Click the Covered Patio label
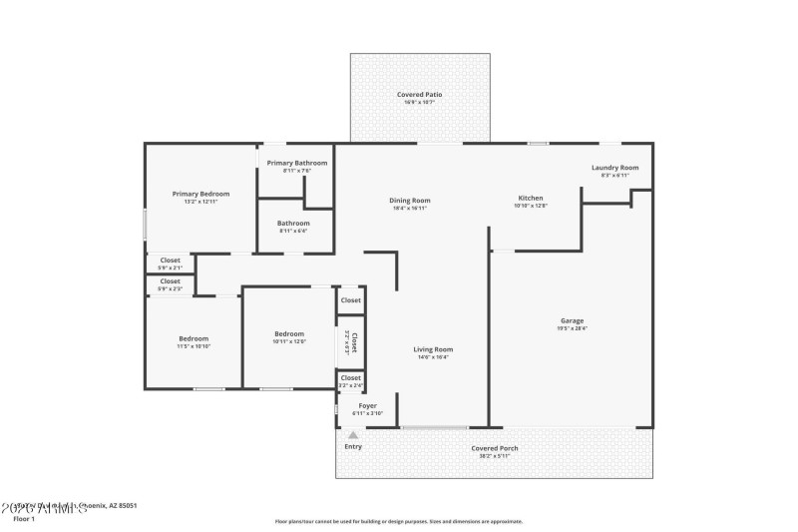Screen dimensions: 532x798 tap(419, 94)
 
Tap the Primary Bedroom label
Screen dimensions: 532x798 tap(200, 194)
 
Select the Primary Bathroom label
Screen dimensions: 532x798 tap(296, 163)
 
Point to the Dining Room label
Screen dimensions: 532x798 tap(409, 201)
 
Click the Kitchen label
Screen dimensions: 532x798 tap(530, 198)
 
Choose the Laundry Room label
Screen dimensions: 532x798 tap(614, 168)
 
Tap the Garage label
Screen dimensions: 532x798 tap(572, 320)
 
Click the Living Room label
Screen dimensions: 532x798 tap(433, 349)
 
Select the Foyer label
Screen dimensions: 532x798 tap(367, 405)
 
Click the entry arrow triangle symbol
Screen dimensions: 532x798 tap(352, 435)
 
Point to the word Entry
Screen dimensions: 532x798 tap(353, 446)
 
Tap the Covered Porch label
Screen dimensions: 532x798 tap(494, 448)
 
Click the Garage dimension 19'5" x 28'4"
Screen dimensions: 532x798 tap(572, 328)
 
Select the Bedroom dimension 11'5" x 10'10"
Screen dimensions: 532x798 tap(194, 345)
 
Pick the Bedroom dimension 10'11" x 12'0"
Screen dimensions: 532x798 tap(289, 341)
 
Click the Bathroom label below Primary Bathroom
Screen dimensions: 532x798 tap(293, 223)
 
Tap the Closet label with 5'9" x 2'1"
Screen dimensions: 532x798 tap(171, 261)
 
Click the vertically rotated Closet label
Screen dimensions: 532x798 tap(353, 342)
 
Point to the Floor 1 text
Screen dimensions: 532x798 tap(23, 519)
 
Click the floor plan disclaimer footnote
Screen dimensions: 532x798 tap(398, 521)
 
